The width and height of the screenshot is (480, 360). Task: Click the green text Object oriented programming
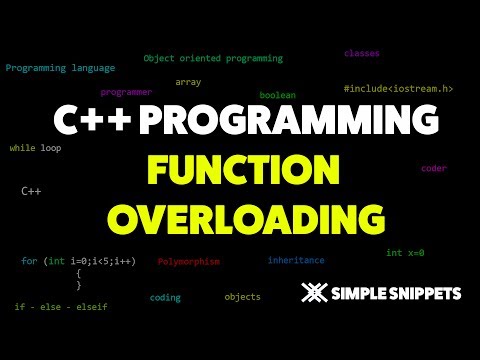coord(213,59)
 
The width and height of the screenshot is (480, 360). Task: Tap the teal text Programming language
coord(60,68)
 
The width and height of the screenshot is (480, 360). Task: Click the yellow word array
coord(188,82)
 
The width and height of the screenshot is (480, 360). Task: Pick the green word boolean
coord(277,95)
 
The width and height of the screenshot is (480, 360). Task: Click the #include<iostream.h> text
coord(398,89)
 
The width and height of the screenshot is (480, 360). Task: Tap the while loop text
coord(35,147)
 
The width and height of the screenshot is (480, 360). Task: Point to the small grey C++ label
coord(30,189)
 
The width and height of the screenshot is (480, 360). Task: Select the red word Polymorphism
coord(188,261)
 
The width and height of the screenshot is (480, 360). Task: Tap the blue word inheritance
coord(296,260)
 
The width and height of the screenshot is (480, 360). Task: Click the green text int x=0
coord(405,253)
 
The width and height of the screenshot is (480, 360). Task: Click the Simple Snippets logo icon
coord(315,294)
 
